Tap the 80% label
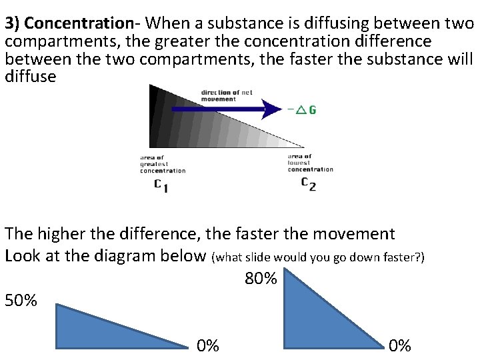click(261, 278)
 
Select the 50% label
click(21, 301)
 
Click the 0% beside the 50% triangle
click(207, 345)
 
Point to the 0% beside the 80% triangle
click(400, 345)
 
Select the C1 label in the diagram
click(161, 185)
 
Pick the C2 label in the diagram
click(308, 183)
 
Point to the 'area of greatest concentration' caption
click(162, 164)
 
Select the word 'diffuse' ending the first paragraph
click(30, 76)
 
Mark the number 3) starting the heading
click(13, 25)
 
